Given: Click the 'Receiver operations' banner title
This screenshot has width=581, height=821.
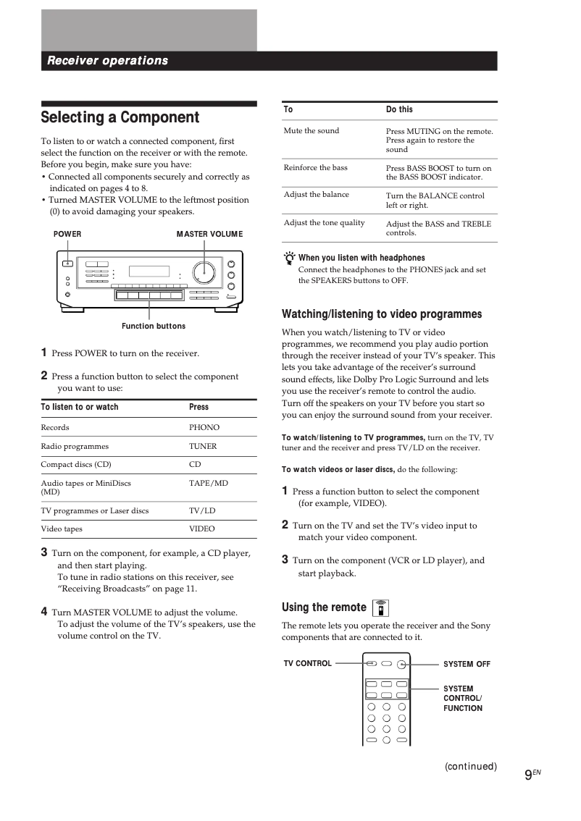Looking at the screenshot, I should point(107,61).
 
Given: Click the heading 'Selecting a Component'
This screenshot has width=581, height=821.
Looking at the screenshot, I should point(120,117).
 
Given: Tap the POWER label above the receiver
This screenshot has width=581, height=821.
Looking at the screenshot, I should point(67,234).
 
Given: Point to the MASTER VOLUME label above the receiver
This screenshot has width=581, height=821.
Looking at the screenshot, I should point(209,234).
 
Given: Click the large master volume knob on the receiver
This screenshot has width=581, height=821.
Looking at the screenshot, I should point(204,272).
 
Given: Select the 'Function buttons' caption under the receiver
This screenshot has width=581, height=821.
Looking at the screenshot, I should point(154,327).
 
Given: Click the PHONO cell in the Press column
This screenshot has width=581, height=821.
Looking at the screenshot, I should point(204,428).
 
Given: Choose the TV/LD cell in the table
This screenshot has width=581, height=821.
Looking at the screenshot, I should point(202,510).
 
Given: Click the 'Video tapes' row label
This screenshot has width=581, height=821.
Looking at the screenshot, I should point(62,529).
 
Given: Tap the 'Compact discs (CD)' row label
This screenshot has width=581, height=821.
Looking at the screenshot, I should point(76,465).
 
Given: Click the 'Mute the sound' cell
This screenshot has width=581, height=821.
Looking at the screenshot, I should point(311,131).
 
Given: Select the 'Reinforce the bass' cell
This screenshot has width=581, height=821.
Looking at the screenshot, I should point(315,168).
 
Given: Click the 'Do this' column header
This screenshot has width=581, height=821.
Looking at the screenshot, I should point(399,109).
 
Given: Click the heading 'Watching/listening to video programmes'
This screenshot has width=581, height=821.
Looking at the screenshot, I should point(381,314).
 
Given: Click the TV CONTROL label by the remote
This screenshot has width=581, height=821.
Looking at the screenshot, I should point(307,663).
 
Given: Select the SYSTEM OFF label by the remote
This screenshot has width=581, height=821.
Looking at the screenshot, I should point(467,664).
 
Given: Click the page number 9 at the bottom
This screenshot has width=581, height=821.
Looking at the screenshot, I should point(528,774).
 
